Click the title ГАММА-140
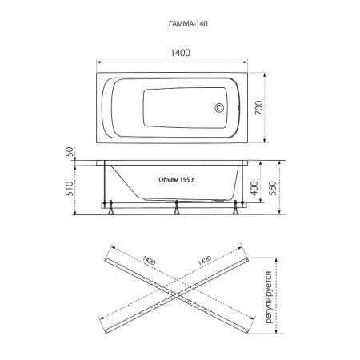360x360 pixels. pyautogui.click(x=188, y=24)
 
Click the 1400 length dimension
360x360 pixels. pyautogui.click(x=180, y=53)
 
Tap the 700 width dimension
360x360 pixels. pyautogui.click(x=258, y=108)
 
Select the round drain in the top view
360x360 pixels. pyautogui.click(x=219, y=108)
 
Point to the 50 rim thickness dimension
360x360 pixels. pyautogui.click(x=70, y=152)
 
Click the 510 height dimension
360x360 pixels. pyautogui.click(x=70, y=188)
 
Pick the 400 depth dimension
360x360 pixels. pyautogui.click(x=254, y=188)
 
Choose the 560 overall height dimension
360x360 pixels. pyautogui.click(x=272, y=188)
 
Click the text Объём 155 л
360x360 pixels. pyautogui.click(x=177, y=180)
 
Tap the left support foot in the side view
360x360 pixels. pyautogui.click(x=110, y=208)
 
